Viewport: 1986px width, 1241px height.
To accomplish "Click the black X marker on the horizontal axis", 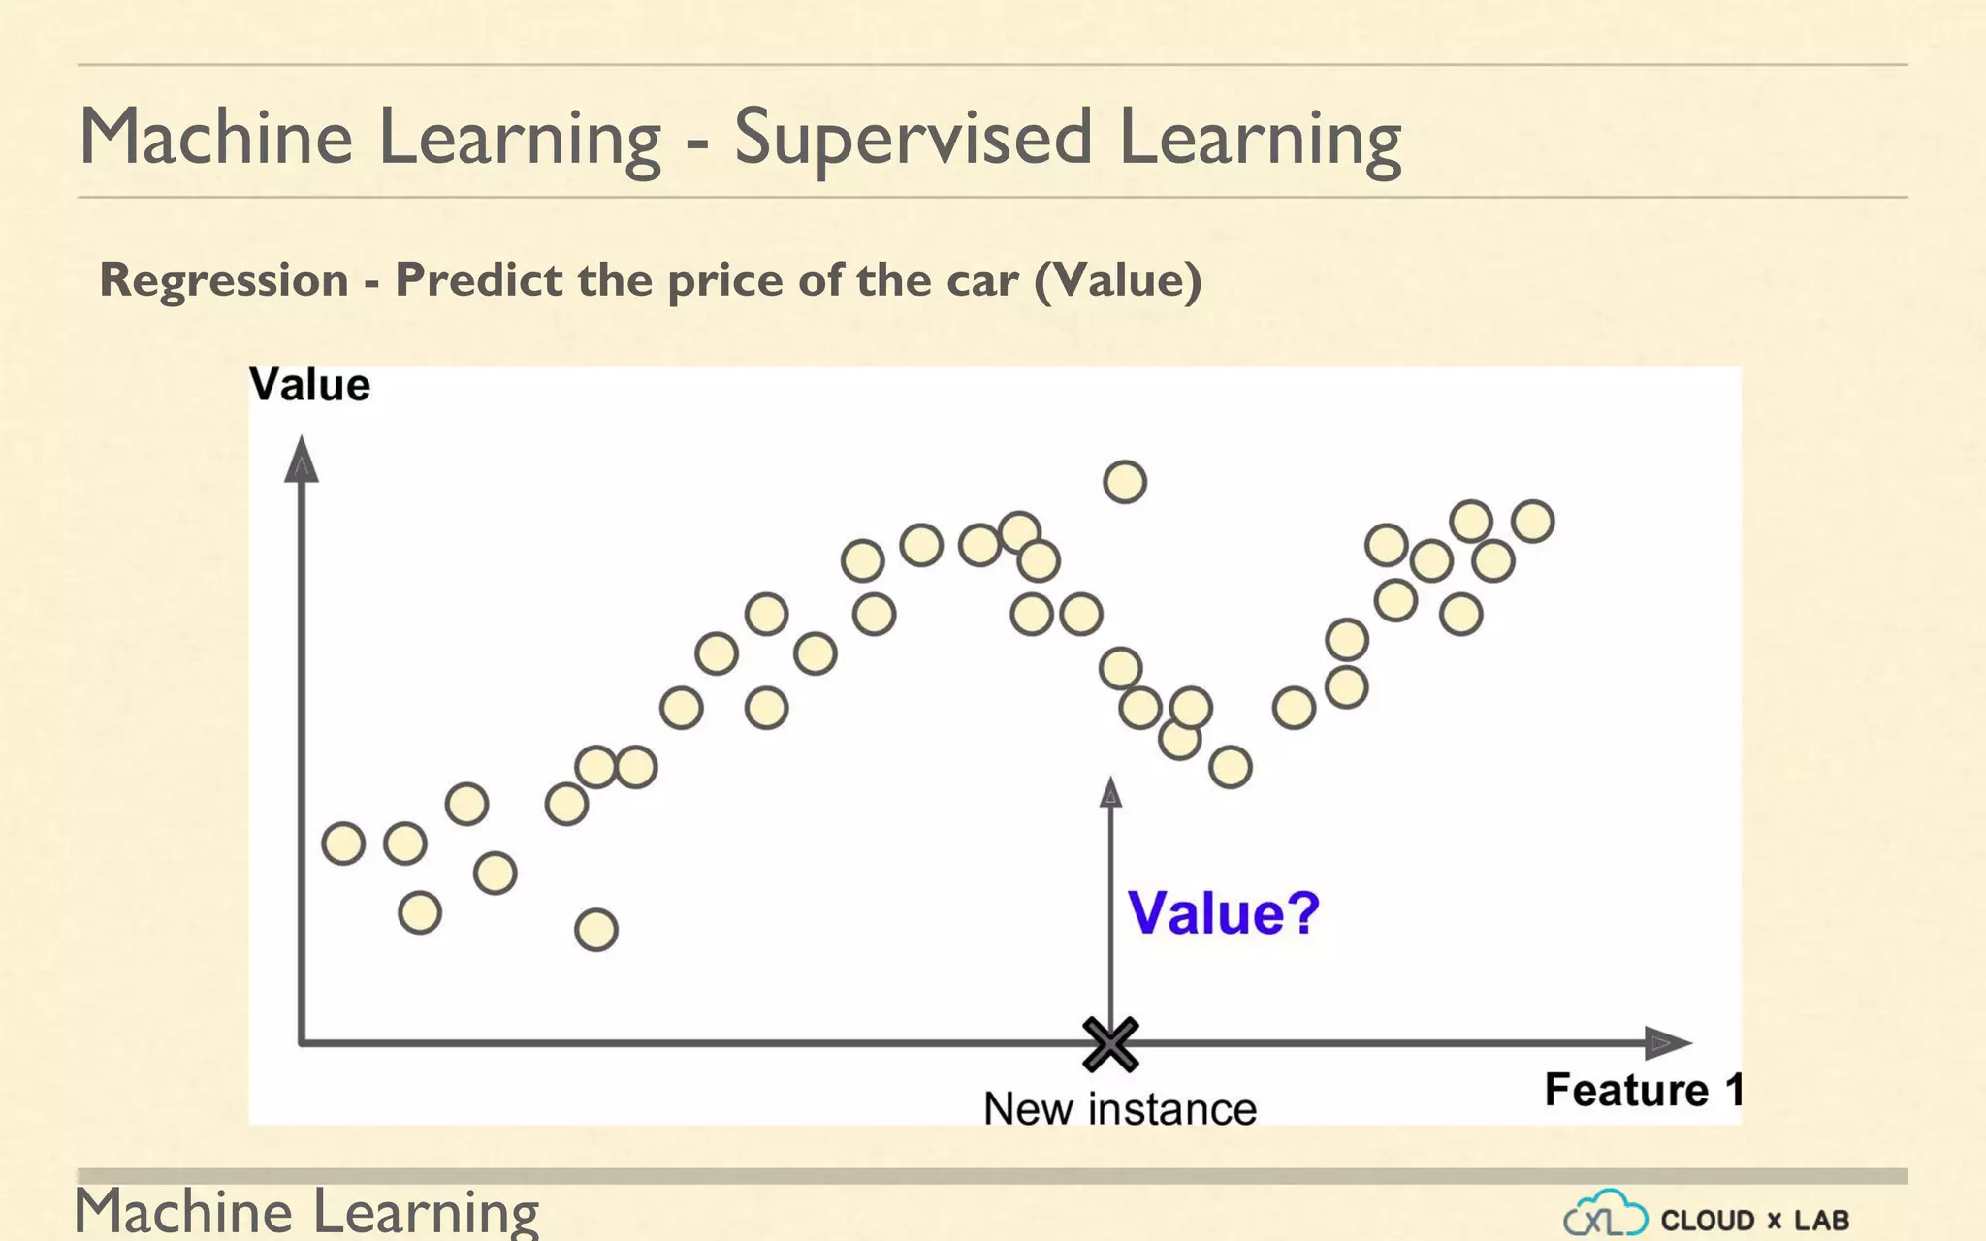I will pyautogui.click(x=1110, y=1044).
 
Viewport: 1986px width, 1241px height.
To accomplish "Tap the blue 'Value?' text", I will pyautogui.click(x=1224, y=912).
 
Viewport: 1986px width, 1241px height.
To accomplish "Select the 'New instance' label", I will pyautogui.click(x=1120, y=1108).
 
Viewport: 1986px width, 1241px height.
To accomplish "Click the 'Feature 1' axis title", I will pyautogui.click(x=1643, y=1090).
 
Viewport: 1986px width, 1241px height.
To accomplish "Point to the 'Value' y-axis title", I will pyautogui.click(x=309, y=385).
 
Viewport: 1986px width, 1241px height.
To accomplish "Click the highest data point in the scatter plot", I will pyautogui.click(x=1125, y=482).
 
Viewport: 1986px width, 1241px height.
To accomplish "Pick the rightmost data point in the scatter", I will pyautogui.click(x=1533, y=522).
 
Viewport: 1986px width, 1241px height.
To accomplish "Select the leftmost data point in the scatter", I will pyautogui.click(x=343, y=843).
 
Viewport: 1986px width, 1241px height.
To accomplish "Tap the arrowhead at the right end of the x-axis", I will pyautogui.click(x=1668, y=1043).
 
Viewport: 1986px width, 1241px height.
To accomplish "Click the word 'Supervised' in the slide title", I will pyautogui.click(x=913, y=138).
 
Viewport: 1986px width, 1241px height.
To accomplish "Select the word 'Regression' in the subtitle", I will pyautogui.click(x=224, y=280).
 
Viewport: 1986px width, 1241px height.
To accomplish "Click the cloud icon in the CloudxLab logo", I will pyautogui.click(x=1605, y=1215).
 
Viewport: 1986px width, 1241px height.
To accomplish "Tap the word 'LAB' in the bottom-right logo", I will pyautogui.click(x=1821, y=1220).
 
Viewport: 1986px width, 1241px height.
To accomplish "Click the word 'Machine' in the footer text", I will pyautogui.click(x=184, y=1212).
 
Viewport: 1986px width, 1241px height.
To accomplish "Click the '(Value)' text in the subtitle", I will pyautogui.click(x=1118, y=280).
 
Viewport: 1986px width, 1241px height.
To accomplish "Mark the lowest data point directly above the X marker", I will pyautogui.click(x=1120, y=668).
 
